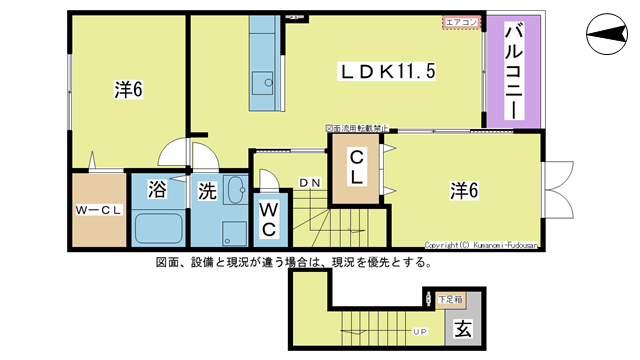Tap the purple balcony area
point(515,71)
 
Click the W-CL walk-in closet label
point(98,211)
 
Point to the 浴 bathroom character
point(158,188)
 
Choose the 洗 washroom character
point(207,188)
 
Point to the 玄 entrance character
point(463,328)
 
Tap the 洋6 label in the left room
point(128,90)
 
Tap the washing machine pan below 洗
point(234,231)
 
